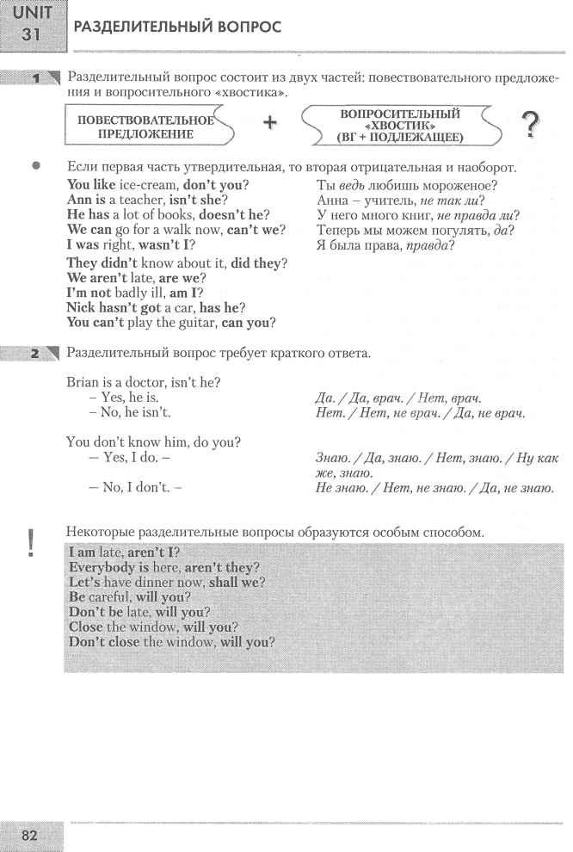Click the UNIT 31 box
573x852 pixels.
(28, 22)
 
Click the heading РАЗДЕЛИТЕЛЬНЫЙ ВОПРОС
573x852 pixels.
(178, 28)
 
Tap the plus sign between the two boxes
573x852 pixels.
(271, 123)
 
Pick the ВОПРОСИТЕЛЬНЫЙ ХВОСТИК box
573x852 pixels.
(400, 126)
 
